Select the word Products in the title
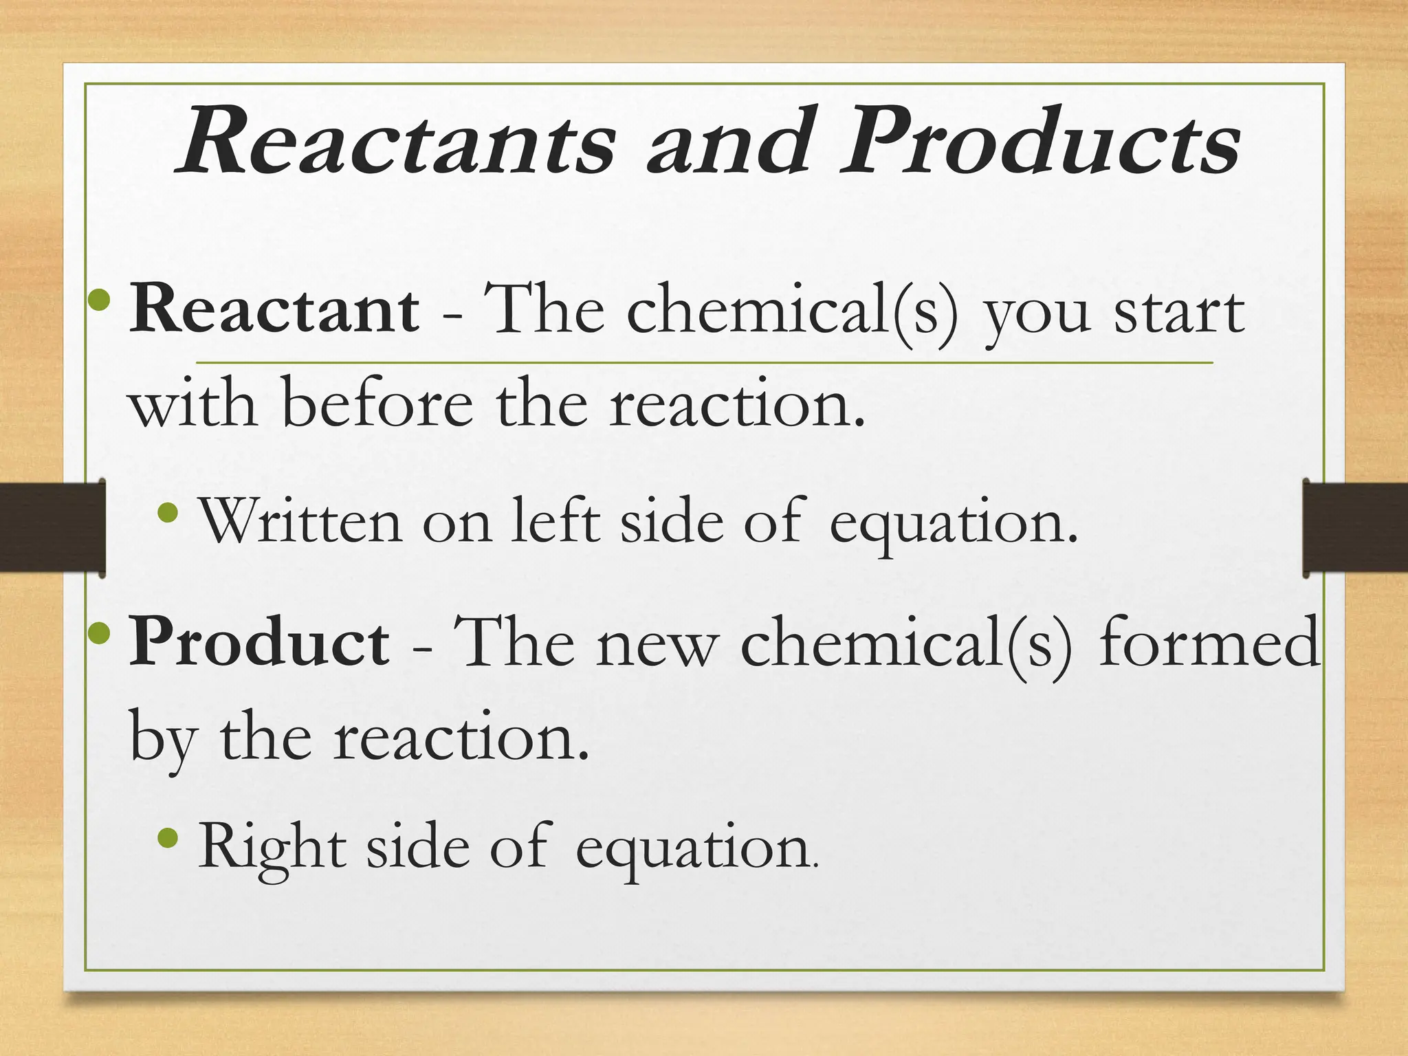point(1042,142)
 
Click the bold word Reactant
point(274,311)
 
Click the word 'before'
point(377,404)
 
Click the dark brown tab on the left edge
point(52,527)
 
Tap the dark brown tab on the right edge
point(1355,527)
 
